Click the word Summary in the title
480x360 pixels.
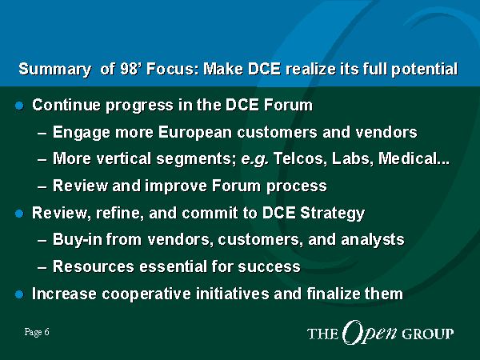point(54,70)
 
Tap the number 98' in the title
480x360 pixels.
point(128,69)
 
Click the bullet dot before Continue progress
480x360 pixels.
point(19,106)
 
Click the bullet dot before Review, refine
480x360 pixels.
point(19,214)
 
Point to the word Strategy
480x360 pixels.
point(333,214)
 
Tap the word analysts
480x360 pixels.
point(373,240)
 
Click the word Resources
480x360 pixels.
point(94,266)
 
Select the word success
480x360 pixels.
point(269,267)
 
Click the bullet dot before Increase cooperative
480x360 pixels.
point(19,294)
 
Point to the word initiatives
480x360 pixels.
point(233,294)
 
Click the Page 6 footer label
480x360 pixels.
point(37,333)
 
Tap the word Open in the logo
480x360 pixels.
point(370,333)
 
